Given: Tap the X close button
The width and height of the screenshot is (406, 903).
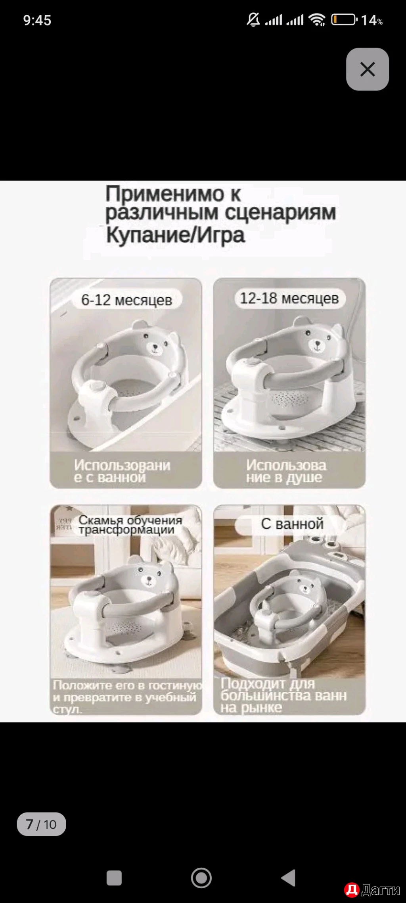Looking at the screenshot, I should [367, 69].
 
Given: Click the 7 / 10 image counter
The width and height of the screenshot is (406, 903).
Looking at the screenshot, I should [41, 824].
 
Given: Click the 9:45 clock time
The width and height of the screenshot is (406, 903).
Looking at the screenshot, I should [37, 20].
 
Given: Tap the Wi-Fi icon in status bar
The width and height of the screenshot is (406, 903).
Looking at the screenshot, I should [317, 19].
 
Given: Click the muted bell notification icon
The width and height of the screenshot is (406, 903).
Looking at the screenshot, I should [253, 19].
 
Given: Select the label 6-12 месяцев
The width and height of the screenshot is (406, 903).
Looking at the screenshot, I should [126, 300].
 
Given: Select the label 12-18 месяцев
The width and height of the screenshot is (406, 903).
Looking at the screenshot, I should [289, 298].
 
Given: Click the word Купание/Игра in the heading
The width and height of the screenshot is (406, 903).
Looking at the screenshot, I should [175, 235].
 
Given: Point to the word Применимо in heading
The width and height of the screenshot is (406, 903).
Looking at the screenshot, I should [165, 194].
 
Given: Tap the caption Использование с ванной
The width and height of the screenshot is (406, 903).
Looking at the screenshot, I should [122, 471].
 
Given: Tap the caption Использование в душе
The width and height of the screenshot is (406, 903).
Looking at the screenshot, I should [286, 471].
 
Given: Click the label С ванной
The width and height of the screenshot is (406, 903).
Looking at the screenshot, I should [292, 524].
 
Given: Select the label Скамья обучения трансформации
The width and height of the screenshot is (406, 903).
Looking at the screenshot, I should [130, 524].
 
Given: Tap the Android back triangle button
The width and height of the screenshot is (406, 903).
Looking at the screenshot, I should [289, 878].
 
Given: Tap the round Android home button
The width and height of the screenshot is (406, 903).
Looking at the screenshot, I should [201, 878].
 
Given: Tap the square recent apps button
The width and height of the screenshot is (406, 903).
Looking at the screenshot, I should [114, 878].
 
